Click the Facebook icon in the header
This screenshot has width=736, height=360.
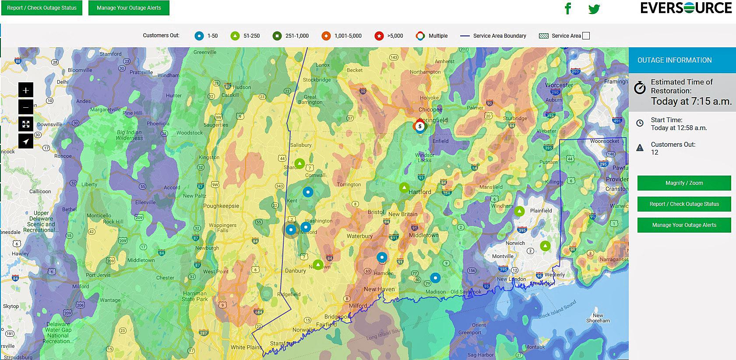(568, 8)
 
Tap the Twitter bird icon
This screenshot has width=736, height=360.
(594, 9)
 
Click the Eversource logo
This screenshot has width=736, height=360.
(686, 8)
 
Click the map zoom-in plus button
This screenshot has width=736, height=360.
(26, 90)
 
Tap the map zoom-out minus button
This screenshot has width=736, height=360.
(26, 107)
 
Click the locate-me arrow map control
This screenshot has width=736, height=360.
(26, 141)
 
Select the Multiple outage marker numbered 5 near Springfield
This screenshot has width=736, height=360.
(420, 126)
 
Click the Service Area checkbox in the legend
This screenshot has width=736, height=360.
(586, 36)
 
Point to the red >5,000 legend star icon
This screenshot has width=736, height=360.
(379, 36)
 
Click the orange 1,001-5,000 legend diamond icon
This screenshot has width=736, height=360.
(326, 36)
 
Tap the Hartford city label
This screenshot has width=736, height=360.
(419, 192)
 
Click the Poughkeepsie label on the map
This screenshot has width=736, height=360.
(221, 206)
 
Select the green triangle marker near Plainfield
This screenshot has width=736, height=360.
(519, 212)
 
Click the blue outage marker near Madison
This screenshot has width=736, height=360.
(435, 278)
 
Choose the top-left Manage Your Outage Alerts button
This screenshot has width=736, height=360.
(129, 8)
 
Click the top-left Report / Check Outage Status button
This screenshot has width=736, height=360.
(42, 8)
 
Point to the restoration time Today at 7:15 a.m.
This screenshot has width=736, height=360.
(691, 101)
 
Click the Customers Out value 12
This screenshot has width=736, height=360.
(655, 152)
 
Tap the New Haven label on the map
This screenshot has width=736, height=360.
(379, 289)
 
